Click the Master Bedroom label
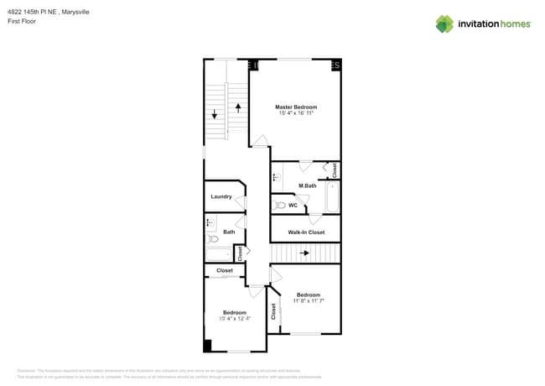coord(296,107)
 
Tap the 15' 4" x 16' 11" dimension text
coord(296,113)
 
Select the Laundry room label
coord(221,196)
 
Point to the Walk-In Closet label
coord(306,232)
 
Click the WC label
coord(293,205)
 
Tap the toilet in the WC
coord(279,205)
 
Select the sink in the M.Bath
coord(276,176)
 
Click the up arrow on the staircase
coord(238,108)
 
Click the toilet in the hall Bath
coord(212,239)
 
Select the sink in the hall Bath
coord(210,222)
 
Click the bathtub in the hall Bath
coord(220,254)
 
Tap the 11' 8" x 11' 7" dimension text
coord(309,300)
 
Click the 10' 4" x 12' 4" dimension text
coord(234,318)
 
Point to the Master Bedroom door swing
coord(260,141)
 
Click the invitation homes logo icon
coord(444,23)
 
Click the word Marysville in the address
coord(78,11)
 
